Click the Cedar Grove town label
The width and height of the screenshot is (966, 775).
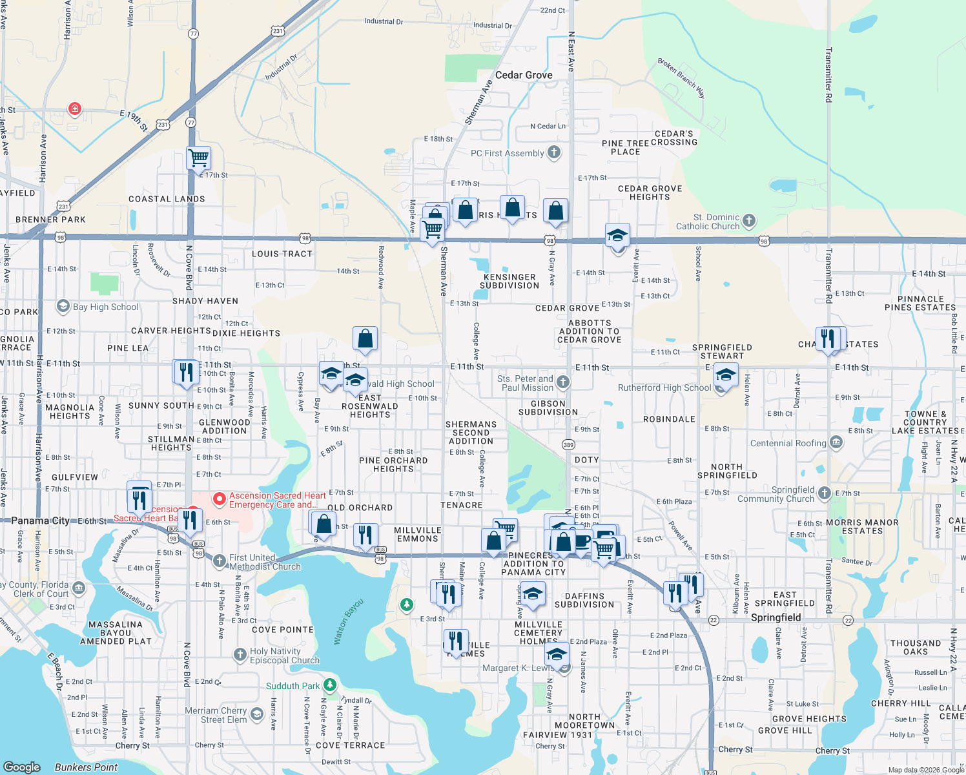(524, 75)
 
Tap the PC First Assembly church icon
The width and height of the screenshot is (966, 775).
(554, 152)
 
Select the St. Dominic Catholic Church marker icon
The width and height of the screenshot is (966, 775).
(749, 221)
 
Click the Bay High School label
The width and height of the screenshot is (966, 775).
(105, 307)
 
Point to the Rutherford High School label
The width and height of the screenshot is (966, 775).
(664, 387)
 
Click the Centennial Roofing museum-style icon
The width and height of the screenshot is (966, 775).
(836, 442)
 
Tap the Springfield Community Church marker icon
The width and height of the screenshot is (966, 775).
(824, 493)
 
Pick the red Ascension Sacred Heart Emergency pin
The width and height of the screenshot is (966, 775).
(219, 499)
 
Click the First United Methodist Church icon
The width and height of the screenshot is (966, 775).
(220, 561)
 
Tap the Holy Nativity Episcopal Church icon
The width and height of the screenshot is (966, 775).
(240, 655)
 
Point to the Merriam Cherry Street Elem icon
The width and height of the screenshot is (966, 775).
(257, 714)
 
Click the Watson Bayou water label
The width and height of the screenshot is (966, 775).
(349, 622)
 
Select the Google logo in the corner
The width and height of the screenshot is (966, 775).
(22, 767)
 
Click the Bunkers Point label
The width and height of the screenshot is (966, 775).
(86, 767)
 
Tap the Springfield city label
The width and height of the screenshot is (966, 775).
(776, 617)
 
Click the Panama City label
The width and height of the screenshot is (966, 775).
(40, 521)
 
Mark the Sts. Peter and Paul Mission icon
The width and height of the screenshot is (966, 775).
(563, 382)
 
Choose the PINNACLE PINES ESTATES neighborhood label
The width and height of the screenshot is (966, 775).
(921, 303)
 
